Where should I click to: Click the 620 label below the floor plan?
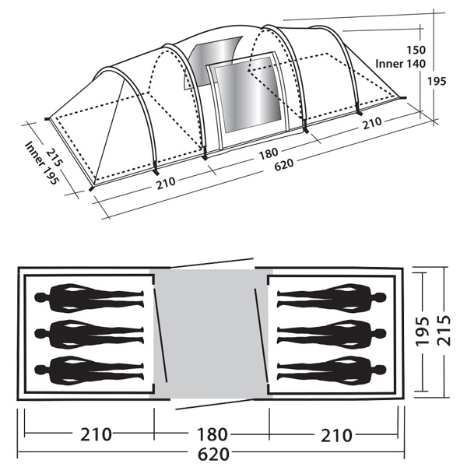tap(213, 455)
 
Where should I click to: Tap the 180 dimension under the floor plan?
tap(212, 434)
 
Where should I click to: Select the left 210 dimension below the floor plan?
tap(96, 434)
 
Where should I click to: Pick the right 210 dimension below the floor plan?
tap(336, 435)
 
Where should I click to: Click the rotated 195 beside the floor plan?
tap(423, 332)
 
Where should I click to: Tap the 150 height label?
tap(416, 50)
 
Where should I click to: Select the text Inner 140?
tap(400, 64)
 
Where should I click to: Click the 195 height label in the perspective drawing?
tap(437, 81)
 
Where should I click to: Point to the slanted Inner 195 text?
tap(42, 163)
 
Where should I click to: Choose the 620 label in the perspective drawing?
tap(283, 164)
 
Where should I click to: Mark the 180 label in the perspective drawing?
tap(269, 153)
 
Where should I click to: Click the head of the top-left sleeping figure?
tap(40, 297)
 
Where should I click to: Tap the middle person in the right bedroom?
tap(332, 334)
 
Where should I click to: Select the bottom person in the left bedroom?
tap(89, 370)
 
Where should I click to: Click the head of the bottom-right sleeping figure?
tap(381, 370)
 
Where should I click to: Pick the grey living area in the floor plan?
tap(211, 334)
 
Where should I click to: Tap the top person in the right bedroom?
tap(332, 297)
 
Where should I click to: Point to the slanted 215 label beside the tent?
tap(54, 157)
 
